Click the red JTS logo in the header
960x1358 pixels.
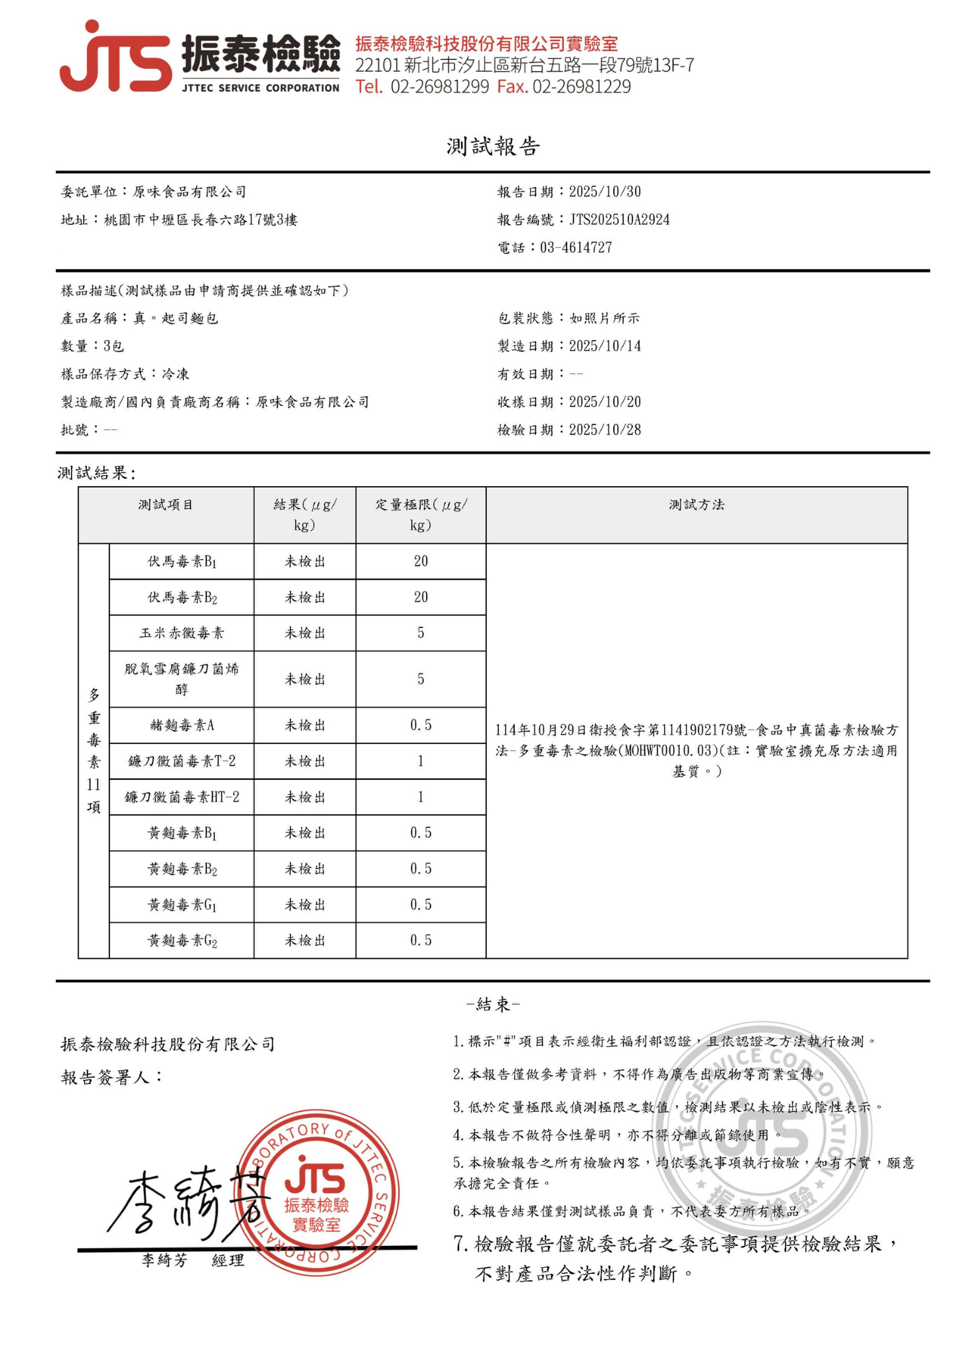tap(116, 58)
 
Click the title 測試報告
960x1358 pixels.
tap(493, 147)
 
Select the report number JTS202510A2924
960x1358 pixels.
tap(619, 219)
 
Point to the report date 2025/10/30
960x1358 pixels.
tap(604, 192)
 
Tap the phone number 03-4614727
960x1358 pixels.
tap(576, 247)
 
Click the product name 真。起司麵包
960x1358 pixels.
tap(176, 318)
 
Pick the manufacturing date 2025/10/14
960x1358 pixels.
tap(604, 346)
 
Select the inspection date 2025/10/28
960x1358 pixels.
tap(604, 430)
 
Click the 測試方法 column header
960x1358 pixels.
tap(697, 505)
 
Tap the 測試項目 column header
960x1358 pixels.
tap(166, 505)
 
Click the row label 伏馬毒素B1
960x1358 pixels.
tap(182, 562)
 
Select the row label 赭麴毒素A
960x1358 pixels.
tap(182, 725)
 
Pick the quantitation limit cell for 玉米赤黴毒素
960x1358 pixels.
tap(421, 633)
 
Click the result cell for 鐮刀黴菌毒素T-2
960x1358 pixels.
tap(305, 761)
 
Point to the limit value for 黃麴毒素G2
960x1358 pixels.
tap(421, 940)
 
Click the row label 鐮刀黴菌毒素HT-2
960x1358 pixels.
tap(182, 797)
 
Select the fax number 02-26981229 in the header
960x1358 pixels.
tap(581, 87)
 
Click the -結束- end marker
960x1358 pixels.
tap(493, 1005)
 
